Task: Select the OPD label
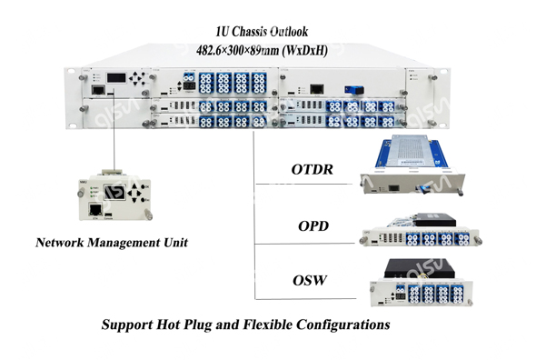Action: (313, 227)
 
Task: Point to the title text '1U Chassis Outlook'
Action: (270, 32)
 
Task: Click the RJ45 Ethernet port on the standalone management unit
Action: (95, 208)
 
